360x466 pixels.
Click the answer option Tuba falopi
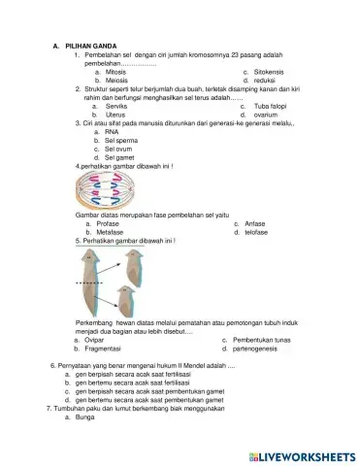[274, 105]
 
